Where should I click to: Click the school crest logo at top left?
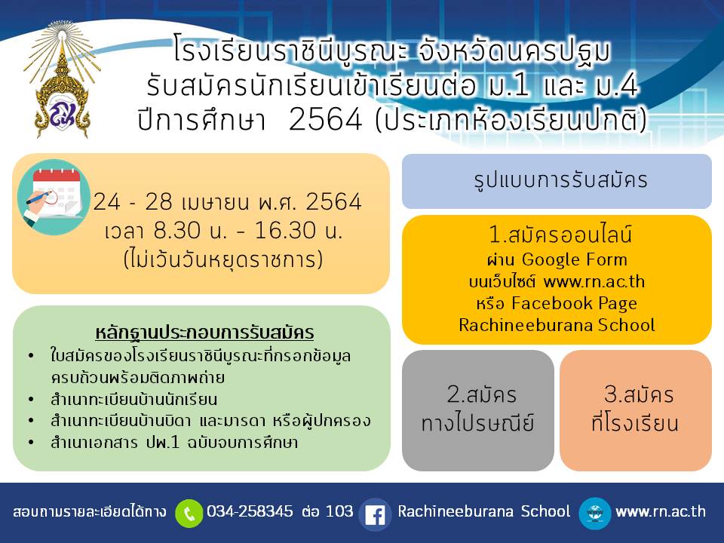tap(62, 81)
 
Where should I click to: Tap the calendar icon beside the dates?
tap(54, 197)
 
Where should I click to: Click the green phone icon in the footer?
tap(189, 513)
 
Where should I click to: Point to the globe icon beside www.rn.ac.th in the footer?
tap(595, 513)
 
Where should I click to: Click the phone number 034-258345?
tap(250, 511)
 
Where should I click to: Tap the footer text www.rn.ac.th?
tap(661, 511)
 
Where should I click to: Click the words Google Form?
tap(575, 259)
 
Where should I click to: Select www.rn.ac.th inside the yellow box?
tap(594, 281)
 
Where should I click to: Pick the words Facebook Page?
tap(575, 303)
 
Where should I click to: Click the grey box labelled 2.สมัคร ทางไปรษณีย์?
tap(478, 410)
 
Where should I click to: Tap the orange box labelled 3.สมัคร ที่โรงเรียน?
tap(636, 410)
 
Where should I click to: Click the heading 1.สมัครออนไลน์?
tap(560, 234)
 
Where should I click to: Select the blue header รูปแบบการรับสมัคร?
tap(557, 181)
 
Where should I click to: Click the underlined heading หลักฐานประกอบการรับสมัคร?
tap(204, 333)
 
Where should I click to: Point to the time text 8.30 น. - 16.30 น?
tap(248, 230)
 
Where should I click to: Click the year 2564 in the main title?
tap(326, 120)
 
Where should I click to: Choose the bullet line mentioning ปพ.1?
tap(174, 442)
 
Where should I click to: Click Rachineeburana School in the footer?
tap(484, 511)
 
